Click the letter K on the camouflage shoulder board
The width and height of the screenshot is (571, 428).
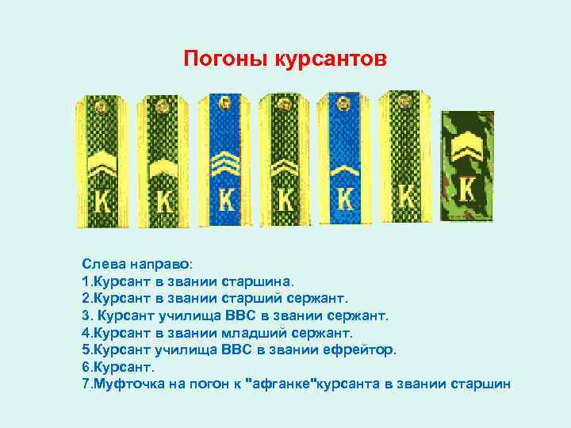tap(468, 189)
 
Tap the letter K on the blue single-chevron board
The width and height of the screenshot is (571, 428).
tap(345, 196)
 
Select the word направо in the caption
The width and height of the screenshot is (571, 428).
tap(154, 263)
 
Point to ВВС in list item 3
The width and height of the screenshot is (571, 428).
tap(247, 315)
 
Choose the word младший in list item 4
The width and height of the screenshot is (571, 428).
tap(248, 333)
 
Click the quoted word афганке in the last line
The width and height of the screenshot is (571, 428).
tap(282, 385)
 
